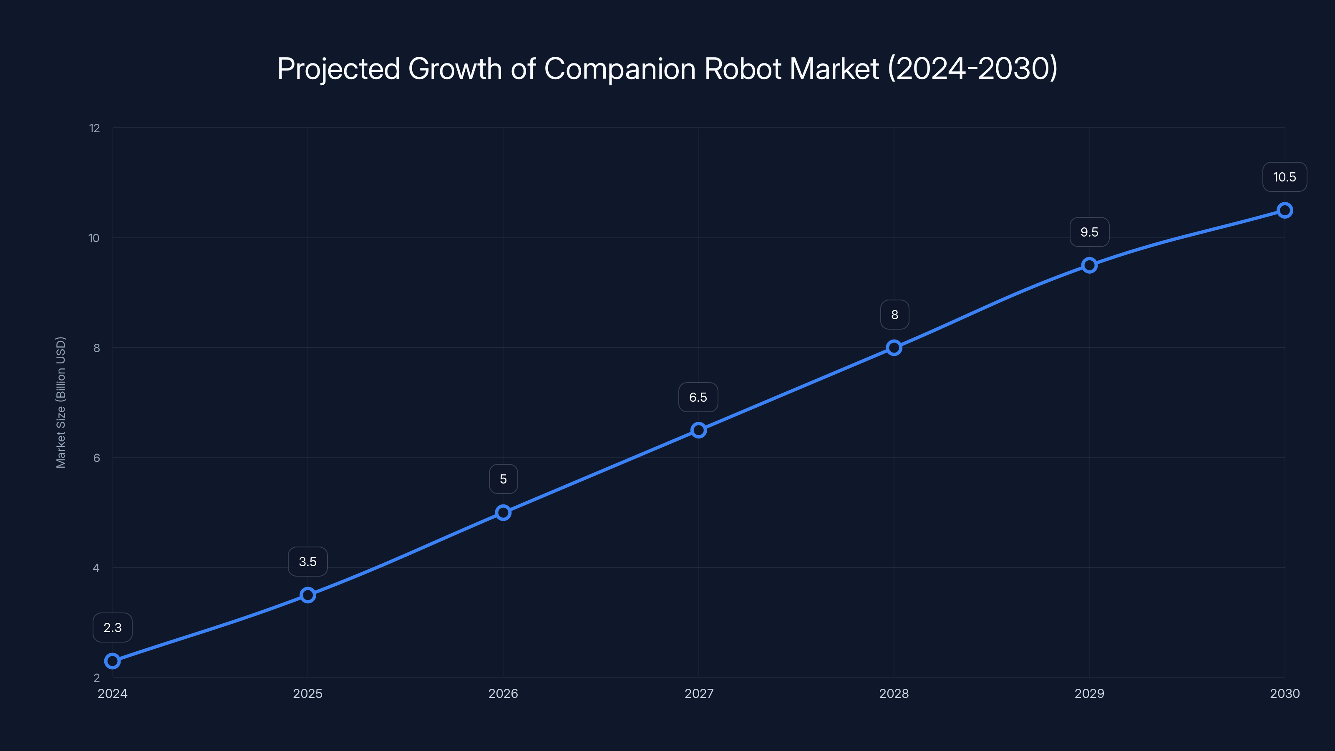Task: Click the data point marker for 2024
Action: pyautogui.click(x=113, y=661)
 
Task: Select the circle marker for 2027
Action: pyautogui.click(x=699, y=430)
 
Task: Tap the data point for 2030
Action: pyautogui.click(x=1285, y=210)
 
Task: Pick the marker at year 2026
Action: pyautogui.click(x=503, y=513)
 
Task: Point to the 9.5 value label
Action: pyautogui.click(x=1089, y=232)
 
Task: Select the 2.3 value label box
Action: pyautogui.click(x=113, y=628)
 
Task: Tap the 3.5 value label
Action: pyautogui.click(x=308, y=562)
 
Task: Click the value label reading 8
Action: pyautogui.click(x=894, y=315)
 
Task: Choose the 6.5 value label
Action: pyautogui.click(x=698, y=398)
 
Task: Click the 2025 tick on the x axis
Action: pyautogui.click(x=308, y=693)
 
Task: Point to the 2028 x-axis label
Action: pyautogui.click(x=894, y=693)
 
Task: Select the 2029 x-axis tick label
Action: pyautogui.click(x=1089, y=693)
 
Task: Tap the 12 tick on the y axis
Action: pyautogui.click(x=94, y=128)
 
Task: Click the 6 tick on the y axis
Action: pyautogui.click(x=96, y=458)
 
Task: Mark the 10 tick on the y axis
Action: pyautogui.click(x=94, y=238)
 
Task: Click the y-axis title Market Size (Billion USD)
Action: pyautogui.click(x=60, y=402)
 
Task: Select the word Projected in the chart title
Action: pyautogui.click(x=338, y=68)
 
